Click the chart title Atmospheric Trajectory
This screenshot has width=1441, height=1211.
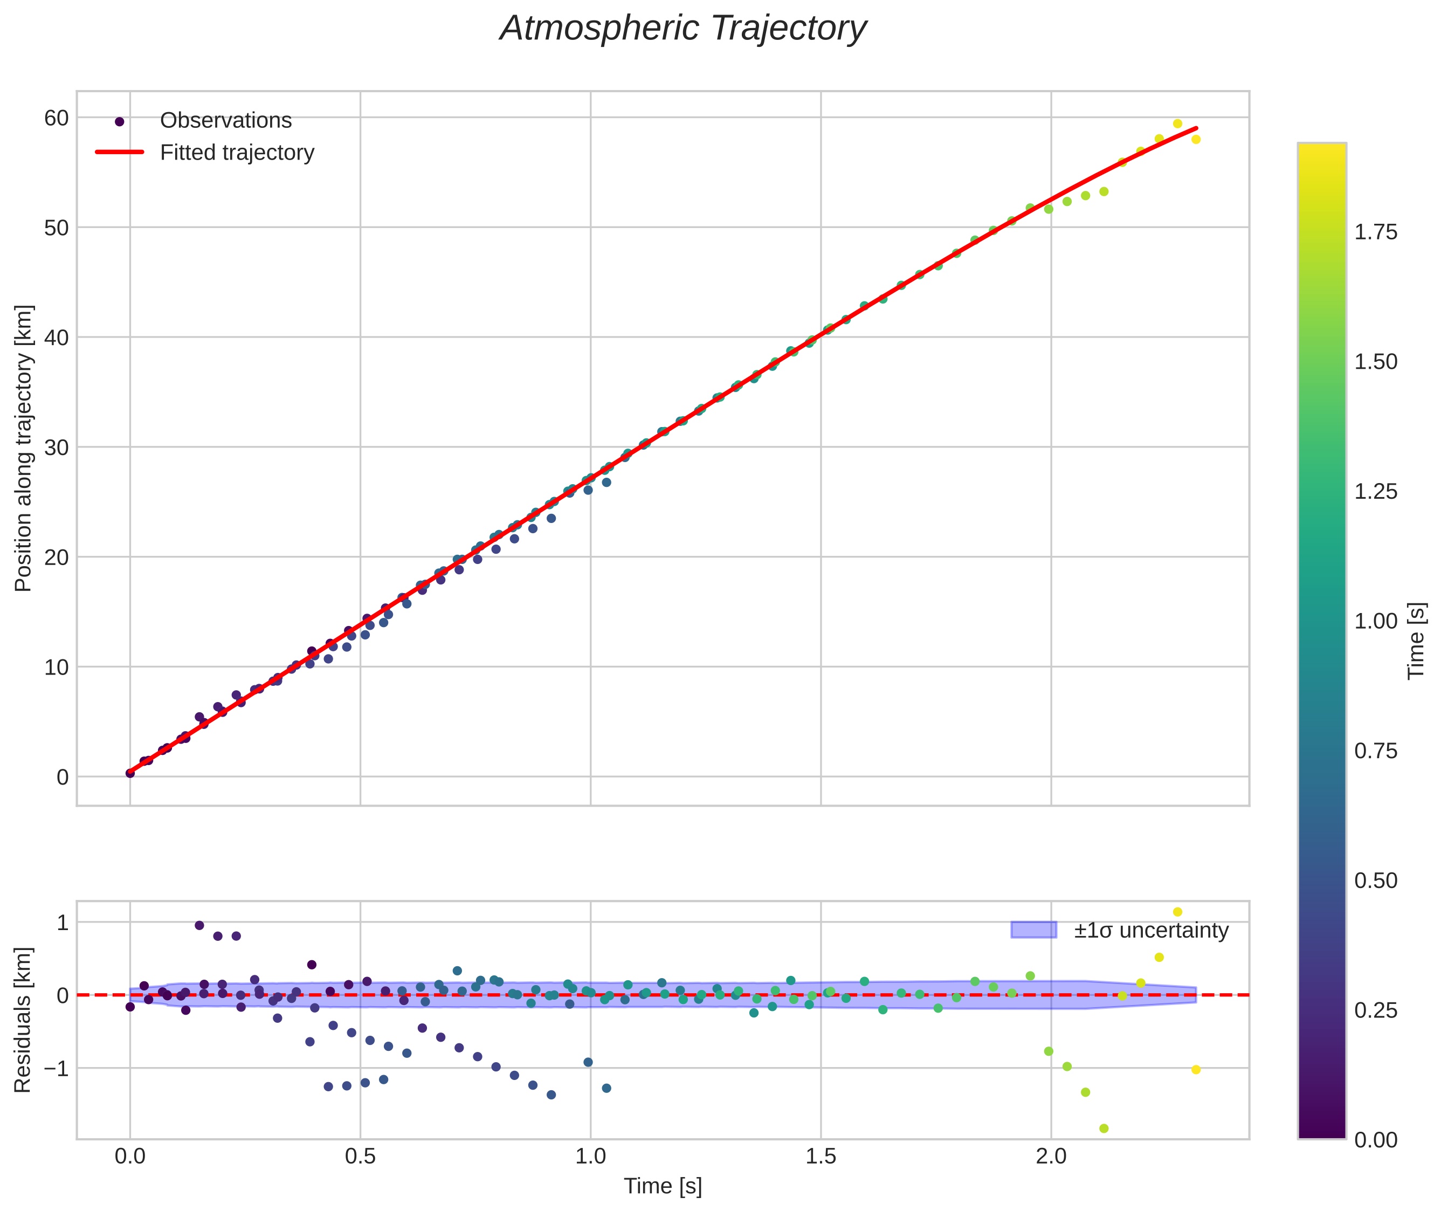pos(683,29)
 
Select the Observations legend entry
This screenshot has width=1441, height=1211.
pos(225,121)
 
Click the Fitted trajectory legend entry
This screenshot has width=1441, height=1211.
pos(237,153)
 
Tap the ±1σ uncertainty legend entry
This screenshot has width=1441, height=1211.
pos(1150,930)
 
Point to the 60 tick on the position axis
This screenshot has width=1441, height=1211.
pos(56,118)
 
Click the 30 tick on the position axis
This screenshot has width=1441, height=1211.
pos(56,448)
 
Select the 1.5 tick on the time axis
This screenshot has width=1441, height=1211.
pos(821,1156)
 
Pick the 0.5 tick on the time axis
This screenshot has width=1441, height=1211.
pos(361,1156)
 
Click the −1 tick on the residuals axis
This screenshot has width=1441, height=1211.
pos(55,1068)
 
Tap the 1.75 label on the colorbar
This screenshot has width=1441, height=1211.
pos(1375,232)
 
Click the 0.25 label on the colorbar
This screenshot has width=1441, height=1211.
pos(1375,1010)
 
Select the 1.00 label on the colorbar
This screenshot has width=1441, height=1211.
pos(1375,621)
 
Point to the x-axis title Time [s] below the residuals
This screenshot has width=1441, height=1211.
pos(663,1186)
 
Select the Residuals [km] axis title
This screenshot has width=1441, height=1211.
pos(23,1020)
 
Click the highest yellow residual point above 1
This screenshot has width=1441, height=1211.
pos(1177,912)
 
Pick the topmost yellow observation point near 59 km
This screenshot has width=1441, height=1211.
pos(1177,123)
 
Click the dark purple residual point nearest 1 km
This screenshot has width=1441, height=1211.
pos(199,925)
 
